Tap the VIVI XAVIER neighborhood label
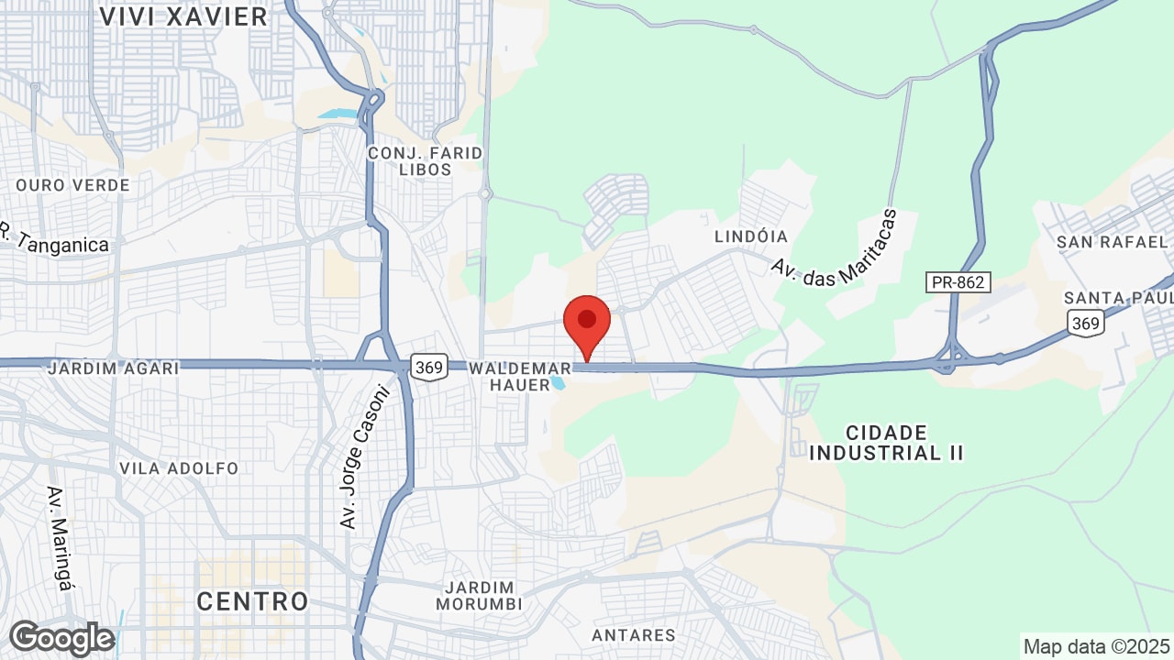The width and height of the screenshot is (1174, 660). coord(183,16)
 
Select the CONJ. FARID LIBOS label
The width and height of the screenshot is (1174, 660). coord(425,161)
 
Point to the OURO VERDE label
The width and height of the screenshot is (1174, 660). coord(72,185)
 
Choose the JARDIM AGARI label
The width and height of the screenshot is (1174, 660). coord(113,368)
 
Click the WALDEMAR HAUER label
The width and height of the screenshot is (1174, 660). coord(519,377)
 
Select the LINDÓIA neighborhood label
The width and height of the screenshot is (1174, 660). coord(751,236)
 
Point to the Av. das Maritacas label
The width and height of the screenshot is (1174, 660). coord(833,249)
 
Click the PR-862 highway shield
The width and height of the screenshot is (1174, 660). coord(958,282)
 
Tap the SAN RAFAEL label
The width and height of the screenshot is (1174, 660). coord(1112,242)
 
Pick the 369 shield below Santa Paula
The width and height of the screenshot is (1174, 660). coord(1085,322)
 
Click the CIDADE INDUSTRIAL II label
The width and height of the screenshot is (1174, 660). coord(887,443)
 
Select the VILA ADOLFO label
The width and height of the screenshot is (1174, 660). coord(179,468)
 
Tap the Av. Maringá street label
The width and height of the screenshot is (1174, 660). coord(59,537)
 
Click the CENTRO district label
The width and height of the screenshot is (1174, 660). coord(252,601)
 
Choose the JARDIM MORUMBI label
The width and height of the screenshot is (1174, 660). coord(479,596)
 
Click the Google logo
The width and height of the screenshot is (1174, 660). coord(61,638)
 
